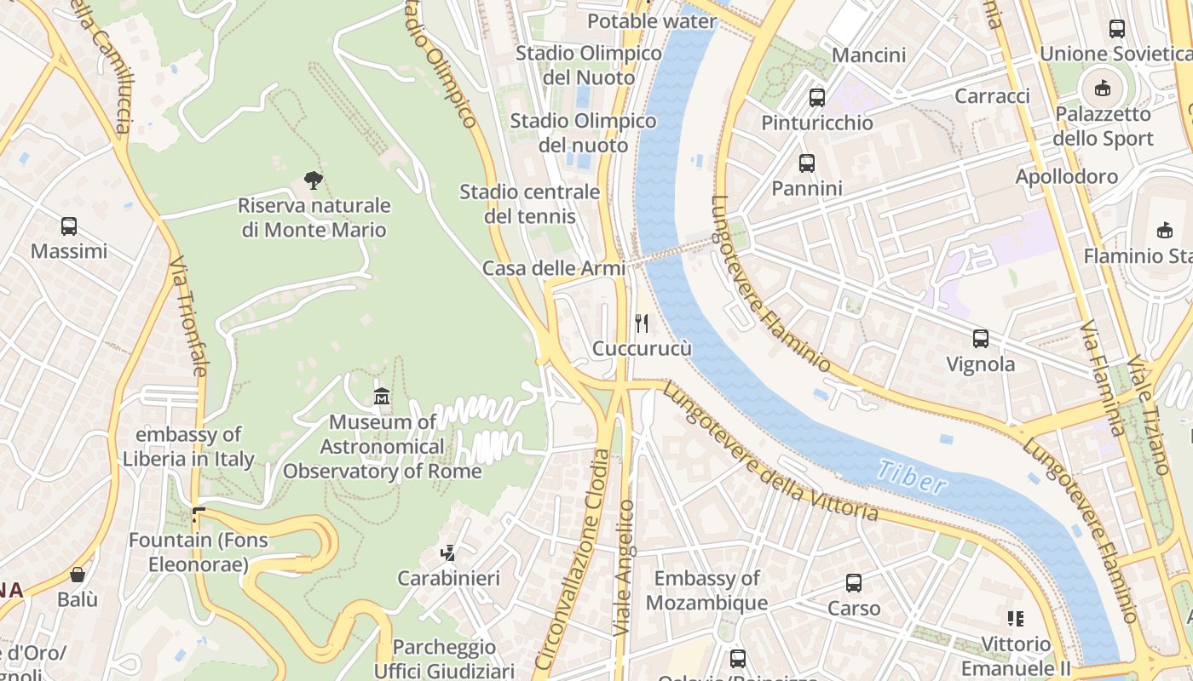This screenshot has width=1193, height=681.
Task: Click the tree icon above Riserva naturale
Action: click(314, 180)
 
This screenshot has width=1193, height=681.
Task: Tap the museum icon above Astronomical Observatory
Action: click(382, 396)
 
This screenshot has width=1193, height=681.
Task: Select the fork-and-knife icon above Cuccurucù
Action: click(642, 323)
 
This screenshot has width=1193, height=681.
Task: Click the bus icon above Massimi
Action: click(69, 226)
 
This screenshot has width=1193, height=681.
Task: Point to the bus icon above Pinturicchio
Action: click(817, 97)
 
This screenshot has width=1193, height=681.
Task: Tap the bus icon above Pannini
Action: click(806, 163)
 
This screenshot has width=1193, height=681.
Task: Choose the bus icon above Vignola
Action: click(981, 339)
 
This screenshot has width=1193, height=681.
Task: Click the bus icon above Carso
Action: click(854, 583)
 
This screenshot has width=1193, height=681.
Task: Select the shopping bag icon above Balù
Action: click(78, 575)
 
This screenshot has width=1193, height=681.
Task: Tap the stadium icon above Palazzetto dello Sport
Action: click(1103, 88)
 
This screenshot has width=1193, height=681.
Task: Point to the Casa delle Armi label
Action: click(554, 268)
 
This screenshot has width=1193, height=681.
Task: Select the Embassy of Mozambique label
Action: click(706, 591)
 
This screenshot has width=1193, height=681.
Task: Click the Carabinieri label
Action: click(449, 579)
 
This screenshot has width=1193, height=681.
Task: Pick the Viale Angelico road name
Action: click(625, 566)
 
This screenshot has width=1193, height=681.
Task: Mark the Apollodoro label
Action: click(1066, 176)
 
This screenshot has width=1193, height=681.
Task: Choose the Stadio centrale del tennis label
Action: click(529, 204)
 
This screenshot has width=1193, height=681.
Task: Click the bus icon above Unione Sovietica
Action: click(1117, 29)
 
